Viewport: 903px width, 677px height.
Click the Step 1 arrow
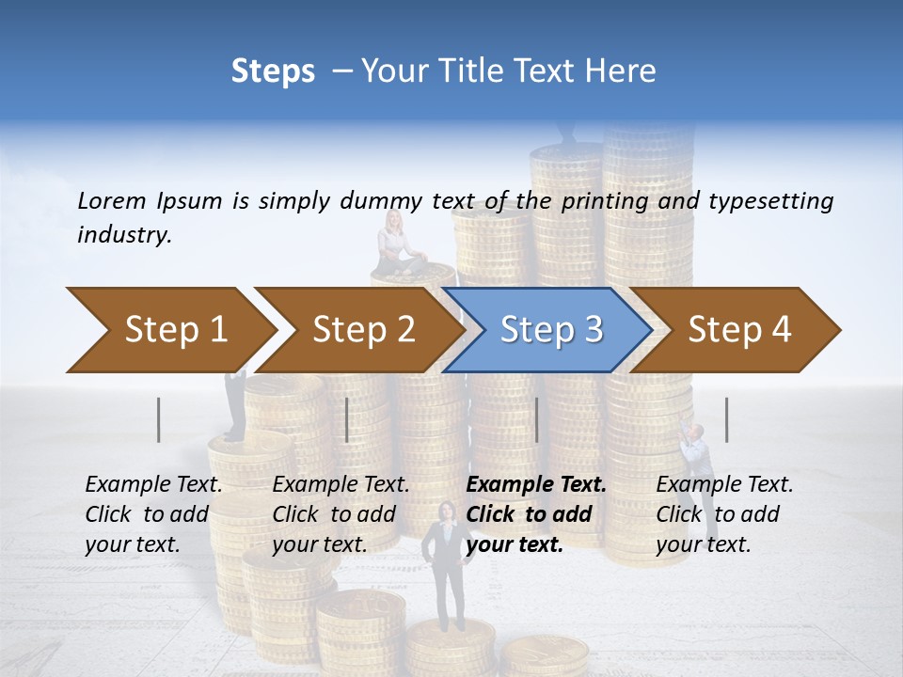tap(169, 329)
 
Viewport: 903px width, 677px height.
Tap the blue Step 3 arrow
tap(550, 329)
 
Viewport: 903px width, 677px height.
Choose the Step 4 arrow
tap(738, 329)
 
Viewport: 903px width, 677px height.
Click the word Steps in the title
tap(273, 71)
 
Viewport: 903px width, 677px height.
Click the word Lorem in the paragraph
tap(111, 200)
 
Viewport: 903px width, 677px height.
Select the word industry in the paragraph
tap(123, 235)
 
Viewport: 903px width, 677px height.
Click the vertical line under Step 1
tap(159, 419)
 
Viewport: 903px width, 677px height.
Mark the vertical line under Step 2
tap(347, 419)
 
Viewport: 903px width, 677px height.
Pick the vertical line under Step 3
tap(536, 419)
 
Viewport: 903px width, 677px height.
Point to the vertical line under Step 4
tap(726, 419)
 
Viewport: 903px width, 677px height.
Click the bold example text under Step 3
tap(536, 514)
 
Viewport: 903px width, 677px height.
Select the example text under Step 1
tap(153, 514)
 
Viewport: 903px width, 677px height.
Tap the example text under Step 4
tap(724, 514)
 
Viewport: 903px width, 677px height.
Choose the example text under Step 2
tap(341, 514)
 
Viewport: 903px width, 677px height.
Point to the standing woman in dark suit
tap(447, 564)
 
